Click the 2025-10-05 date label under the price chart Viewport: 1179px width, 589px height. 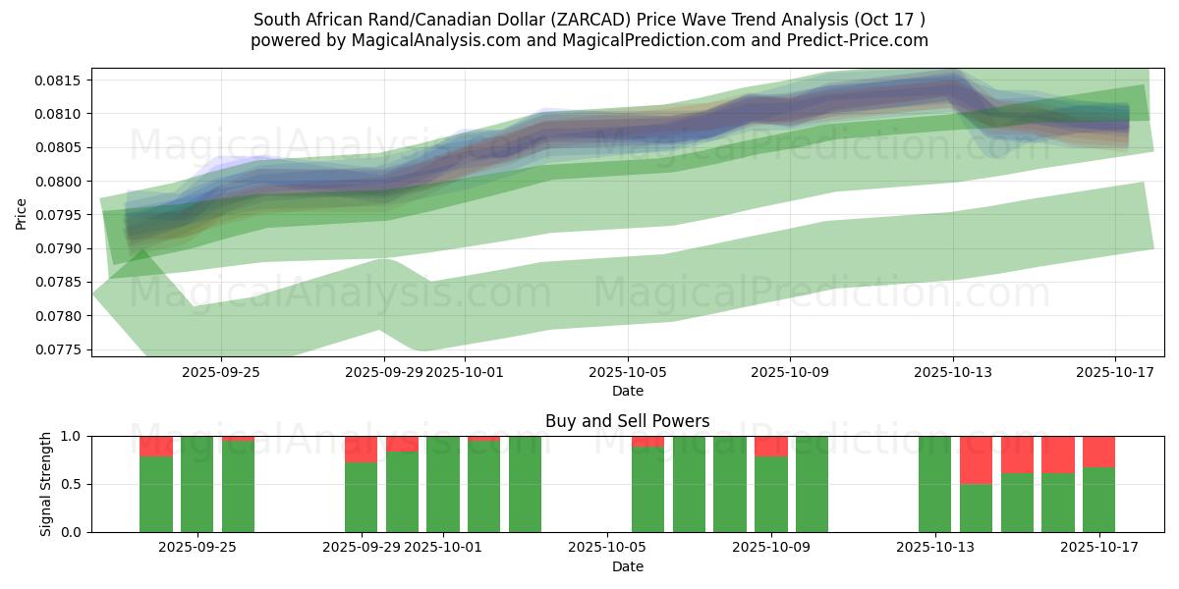click(628, 372)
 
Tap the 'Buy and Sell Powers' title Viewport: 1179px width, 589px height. click(628, 421)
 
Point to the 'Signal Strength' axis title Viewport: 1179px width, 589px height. click(46, 483)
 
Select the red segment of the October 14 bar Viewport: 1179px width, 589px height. click(976, 459)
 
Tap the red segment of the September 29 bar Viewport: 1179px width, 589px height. click(361, 449)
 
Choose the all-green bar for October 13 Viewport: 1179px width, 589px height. click(934, 484)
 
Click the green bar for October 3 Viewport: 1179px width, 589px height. click(525, 484)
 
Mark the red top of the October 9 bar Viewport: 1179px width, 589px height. click(771, 446)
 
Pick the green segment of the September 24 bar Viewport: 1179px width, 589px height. click(156, 494)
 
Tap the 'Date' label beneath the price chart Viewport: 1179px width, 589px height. click(628, 391)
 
